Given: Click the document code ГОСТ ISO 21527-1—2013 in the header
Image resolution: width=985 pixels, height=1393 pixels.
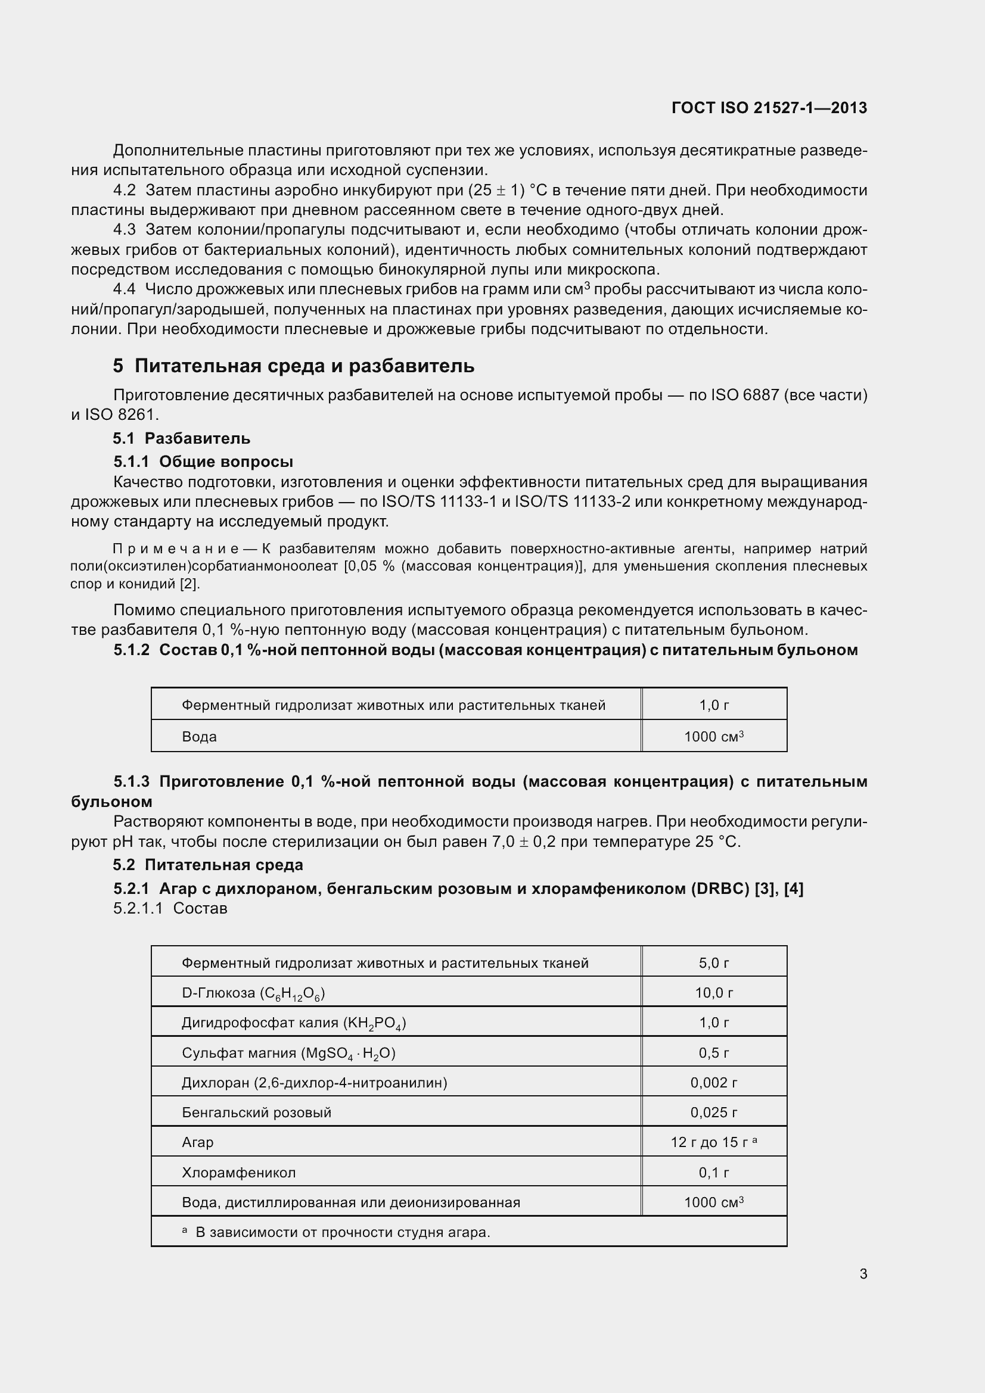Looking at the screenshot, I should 769,108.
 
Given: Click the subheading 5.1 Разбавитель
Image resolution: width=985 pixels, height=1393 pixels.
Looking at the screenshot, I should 182,438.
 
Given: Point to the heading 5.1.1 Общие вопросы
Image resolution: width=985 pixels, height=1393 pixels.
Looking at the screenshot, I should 203,462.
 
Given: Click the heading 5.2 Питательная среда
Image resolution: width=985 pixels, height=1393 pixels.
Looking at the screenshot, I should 208,865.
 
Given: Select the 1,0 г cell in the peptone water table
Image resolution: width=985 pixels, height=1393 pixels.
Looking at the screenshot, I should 714,705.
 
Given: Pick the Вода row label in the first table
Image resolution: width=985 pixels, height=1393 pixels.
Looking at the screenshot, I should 199,737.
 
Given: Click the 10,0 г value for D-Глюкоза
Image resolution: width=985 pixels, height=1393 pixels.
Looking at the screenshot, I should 714,993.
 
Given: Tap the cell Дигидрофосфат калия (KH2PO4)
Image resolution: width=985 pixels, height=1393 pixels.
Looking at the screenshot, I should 294,1023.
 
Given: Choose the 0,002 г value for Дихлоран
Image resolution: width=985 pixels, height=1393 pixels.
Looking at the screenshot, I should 714,1082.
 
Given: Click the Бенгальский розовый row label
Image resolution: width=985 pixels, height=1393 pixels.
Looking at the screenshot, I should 256,1112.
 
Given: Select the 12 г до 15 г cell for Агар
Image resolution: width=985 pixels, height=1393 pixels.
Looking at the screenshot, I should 714,1142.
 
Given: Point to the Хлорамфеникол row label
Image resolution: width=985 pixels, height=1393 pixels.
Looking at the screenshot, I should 238,1173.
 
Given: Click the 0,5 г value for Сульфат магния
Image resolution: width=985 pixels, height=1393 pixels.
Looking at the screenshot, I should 714,1052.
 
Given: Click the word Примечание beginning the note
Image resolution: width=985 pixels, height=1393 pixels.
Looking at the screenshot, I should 176,549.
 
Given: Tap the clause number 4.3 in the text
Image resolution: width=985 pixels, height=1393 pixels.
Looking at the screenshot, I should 125,230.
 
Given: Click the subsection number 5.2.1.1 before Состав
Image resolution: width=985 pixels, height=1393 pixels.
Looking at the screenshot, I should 138,908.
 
